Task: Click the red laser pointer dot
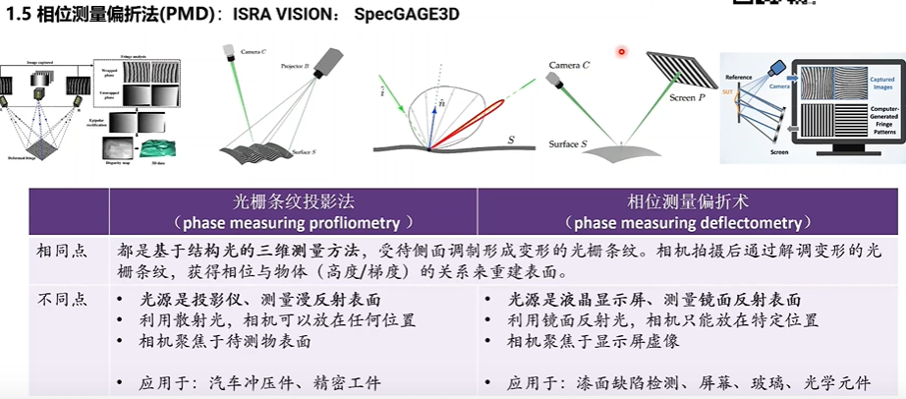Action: [621, 51]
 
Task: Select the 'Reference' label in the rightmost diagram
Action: [738, 77]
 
